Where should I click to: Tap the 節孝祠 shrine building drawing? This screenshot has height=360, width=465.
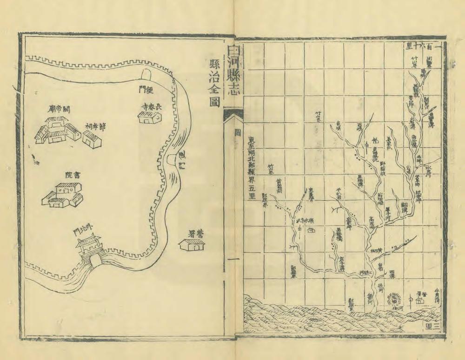(92, 138)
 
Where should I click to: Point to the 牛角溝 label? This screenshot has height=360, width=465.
(436, 293)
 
